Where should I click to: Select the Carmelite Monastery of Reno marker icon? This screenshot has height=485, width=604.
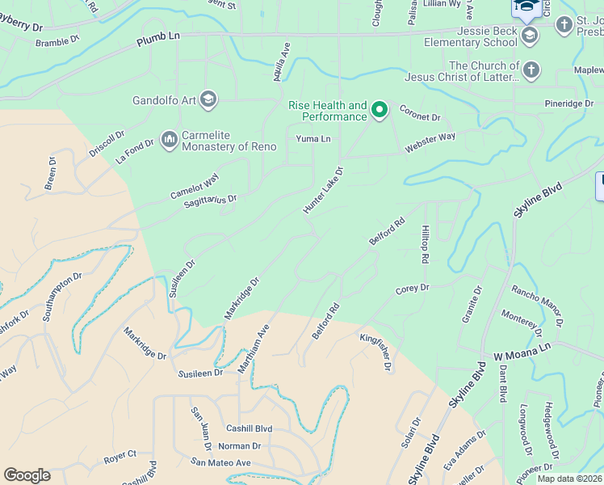coord(169,140)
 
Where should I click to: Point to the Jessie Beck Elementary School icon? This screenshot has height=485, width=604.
coord(530,35)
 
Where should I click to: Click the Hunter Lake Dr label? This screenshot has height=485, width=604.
coord(323,191)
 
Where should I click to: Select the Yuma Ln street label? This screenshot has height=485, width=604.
coord(313,139)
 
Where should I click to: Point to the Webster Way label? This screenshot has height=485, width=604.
coord(430,143)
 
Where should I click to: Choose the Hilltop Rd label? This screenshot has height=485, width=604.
coord(423,244)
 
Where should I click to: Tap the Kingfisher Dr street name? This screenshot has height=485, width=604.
coord(376,352)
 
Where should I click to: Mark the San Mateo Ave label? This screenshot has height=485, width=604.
coord(221,462)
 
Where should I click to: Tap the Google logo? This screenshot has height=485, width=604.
coord(27,474)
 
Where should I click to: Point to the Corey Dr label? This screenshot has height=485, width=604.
coord(412,289)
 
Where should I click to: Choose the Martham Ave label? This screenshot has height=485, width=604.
coord(253,349)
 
